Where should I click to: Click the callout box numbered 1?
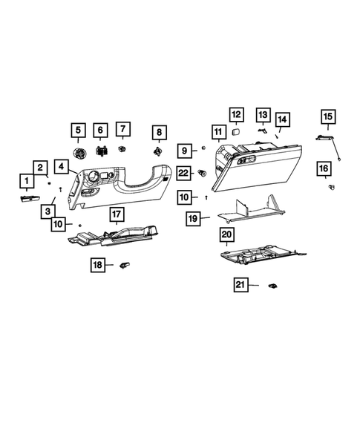(x=26, y=180)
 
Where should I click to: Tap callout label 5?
(x=77, y=131)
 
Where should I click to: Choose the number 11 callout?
(x=217, y=134)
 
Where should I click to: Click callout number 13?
(x=263, y=114)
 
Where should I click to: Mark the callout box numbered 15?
(x=328, y=116)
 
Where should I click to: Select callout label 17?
(x=117, y=215)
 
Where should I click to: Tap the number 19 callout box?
(x=192, y=219)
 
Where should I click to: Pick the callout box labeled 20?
(x=227, y=235)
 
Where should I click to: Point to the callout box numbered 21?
(x=240, y=285)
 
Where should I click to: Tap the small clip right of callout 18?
(x=125, y=263)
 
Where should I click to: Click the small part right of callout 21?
(x=272, y=285)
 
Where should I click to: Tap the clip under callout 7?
(x=122, y=151)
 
